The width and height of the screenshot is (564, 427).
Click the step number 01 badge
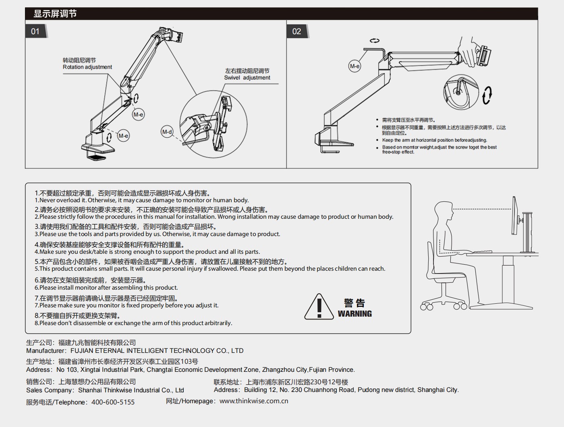[x=36, y=31]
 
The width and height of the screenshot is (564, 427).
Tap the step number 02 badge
[x=297, y=31]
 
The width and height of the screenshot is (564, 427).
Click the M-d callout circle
[x=167, y=132]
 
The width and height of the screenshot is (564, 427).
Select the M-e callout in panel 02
[x=355, y=66]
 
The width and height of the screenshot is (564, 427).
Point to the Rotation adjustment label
[x=87, y=67]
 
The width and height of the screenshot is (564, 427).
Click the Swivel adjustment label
[x=247, y=78]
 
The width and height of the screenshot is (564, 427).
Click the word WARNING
[x=355, y=314]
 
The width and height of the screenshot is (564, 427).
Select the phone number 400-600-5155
[x=113, y=402]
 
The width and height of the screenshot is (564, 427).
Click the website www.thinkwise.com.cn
[x=254, y=401]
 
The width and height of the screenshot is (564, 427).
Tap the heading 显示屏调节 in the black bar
[x=55, y=14]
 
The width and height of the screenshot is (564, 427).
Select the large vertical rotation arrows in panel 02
[x=487, y=95]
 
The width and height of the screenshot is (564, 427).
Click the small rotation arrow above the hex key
[x=374, y=41]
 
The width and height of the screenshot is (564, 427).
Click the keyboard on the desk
[x=482, y=252]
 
